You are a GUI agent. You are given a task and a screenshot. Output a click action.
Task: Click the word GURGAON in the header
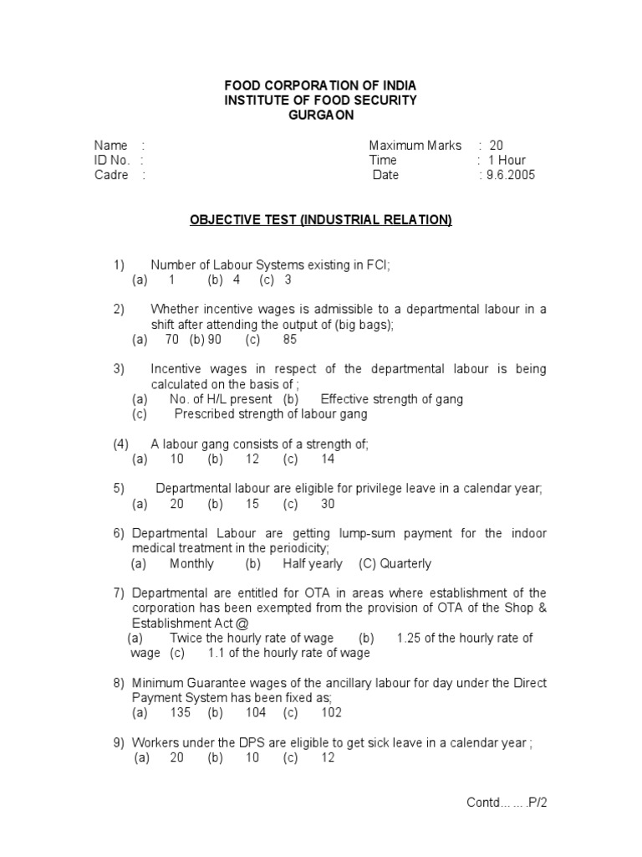[320, 115]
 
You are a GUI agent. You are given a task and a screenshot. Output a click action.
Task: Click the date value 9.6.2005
[510, 175]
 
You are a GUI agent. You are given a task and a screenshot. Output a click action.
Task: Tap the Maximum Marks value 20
[497, 145]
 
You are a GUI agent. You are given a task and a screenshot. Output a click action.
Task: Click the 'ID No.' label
[112, 160]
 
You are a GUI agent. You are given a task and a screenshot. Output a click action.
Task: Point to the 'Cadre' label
[111, 175]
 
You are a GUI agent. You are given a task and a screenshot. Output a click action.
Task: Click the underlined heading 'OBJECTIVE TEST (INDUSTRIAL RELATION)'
[321, 220]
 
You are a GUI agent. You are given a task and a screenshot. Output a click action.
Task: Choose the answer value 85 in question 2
[290, 340]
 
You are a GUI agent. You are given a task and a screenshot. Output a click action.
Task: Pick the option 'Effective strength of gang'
[392, 399]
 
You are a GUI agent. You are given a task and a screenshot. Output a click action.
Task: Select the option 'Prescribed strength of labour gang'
[271, 414]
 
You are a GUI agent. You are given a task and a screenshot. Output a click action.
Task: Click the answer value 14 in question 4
[328, 459]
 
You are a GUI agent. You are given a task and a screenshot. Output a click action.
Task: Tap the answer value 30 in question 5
[328, 504]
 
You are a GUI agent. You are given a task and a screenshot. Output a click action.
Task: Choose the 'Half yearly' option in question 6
[313, 564]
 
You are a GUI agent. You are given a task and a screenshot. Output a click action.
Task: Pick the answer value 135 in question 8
[180, 713]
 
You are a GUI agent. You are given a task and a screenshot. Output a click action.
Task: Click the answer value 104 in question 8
[256, 713]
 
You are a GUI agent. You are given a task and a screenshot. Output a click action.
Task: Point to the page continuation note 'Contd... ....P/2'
[507, 803]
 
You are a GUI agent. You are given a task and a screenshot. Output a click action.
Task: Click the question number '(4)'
[121, 444]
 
